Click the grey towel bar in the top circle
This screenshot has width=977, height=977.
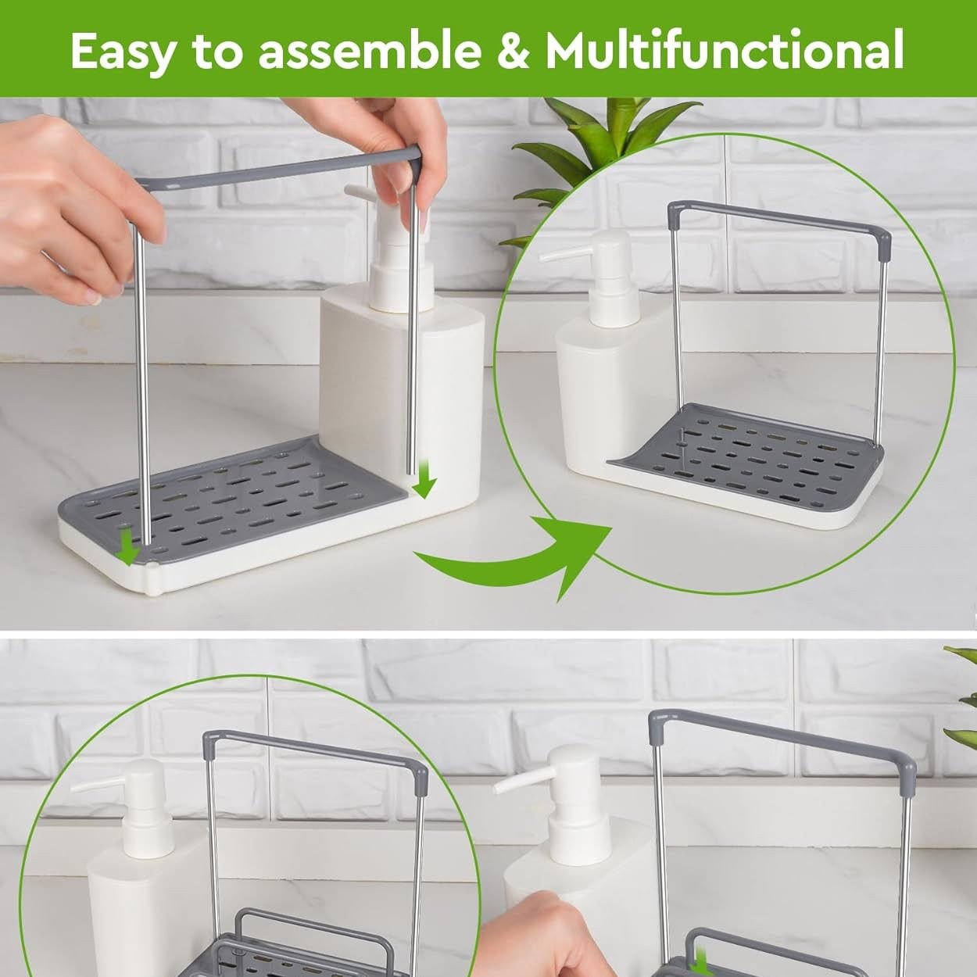coord(778,219)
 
